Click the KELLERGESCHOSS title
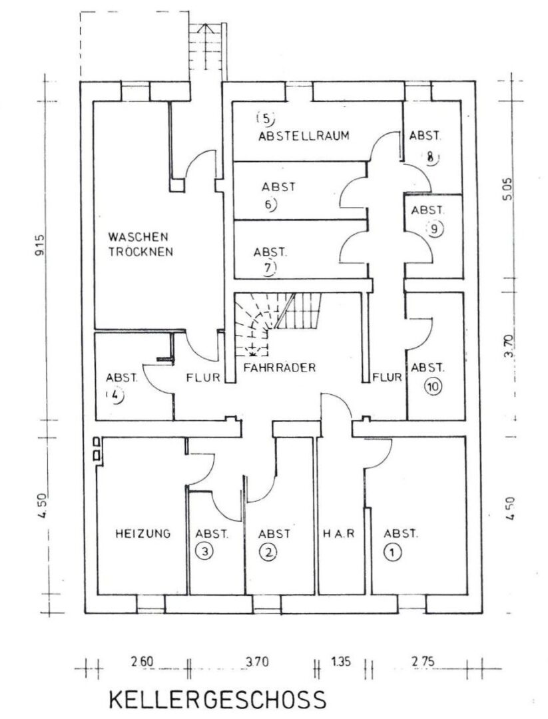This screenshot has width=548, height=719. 217,700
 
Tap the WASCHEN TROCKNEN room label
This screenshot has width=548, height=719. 140,244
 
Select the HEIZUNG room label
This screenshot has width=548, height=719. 142,533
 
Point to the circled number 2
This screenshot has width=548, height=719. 268,553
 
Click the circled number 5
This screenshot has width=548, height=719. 264,120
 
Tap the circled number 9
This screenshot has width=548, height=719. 434,228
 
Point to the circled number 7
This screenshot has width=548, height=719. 269,268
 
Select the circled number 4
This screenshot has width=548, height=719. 117,394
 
